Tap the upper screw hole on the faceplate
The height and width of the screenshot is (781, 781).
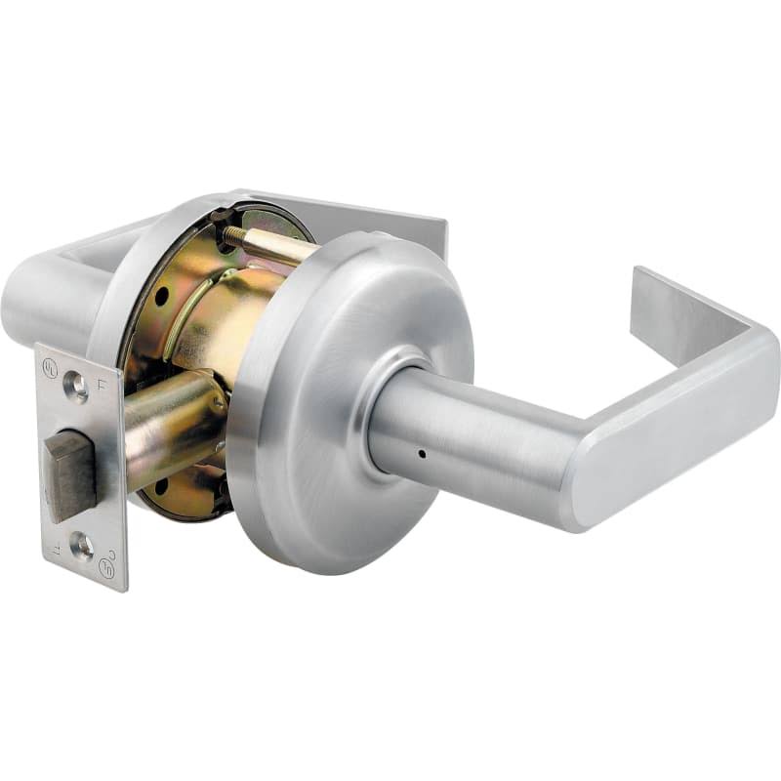[x=76, y=388]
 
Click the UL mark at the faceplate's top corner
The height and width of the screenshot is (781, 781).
[x=49, y=369]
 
